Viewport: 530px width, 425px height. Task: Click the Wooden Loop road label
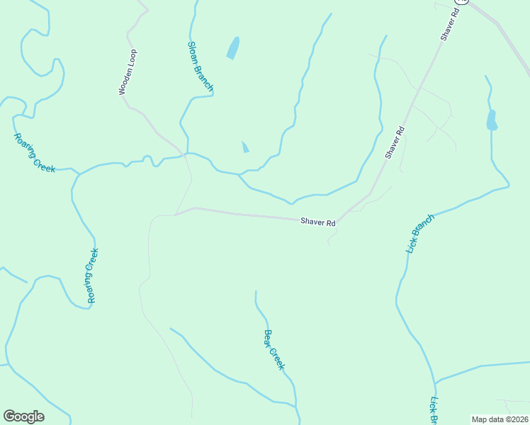[x=128, y=72]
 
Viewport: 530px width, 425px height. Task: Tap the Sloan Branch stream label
[x=201, y=66]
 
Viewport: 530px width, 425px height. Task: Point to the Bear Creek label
[x=274, y=349]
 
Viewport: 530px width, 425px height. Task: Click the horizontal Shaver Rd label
[x=317, y=222]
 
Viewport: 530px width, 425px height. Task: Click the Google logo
[x=23, y=416]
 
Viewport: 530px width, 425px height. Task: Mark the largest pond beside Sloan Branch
[x=232, y=47]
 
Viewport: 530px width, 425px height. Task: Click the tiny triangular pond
[x=245, y=147]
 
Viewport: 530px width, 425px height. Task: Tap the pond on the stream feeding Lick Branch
[x=491, y=120]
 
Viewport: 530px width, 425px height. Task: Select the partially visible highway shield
[x=462, y=2]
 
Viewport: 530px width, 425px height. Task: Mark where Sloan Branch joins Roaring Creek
[x=186, y=153]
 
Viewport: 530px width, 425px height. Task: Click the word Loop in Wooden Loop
[x=132, y=57]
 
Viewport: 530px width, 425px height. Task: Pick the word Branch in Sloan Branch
[x=205, y=77]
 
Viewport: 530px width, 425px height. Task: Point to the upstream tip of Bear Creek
[x=256, y=291]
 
